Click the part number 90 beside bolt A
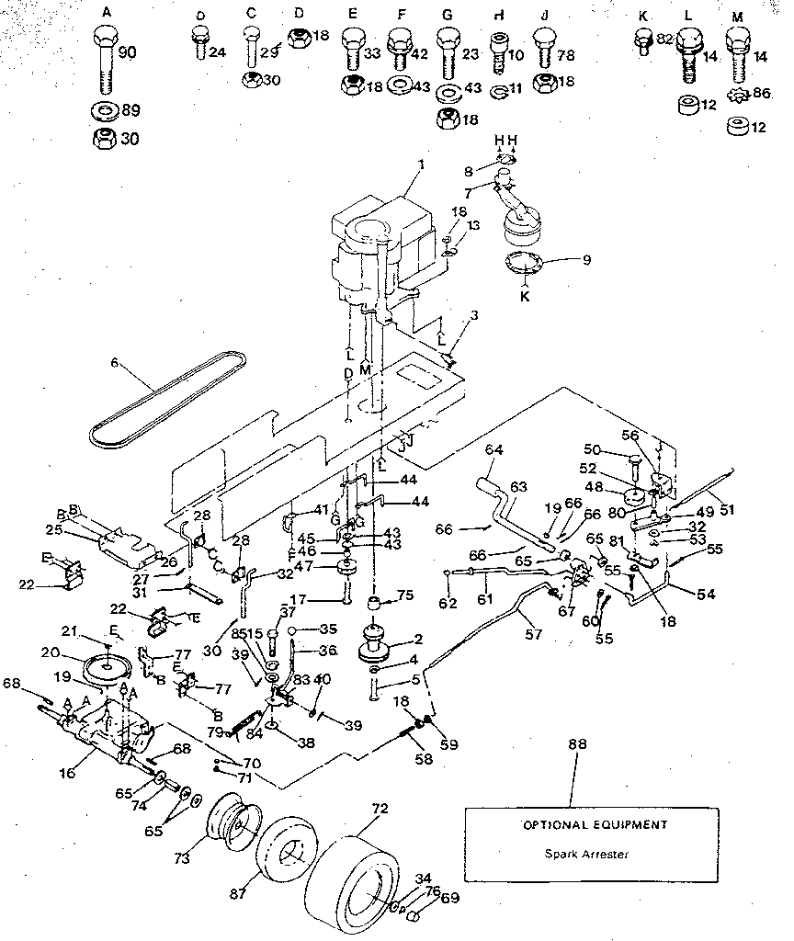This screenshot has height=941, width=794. pyautogui.click(x=127, y=53)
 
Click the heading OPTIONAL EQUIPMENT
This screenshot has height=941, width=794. pyautogui.click(x=584, y=824)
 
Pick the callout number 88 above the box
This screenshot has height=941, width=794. pyautogui.click(x=578, y=744)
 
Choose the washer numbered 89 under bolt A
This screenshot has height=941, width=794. pyautogui.click(x=106, y=112)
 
